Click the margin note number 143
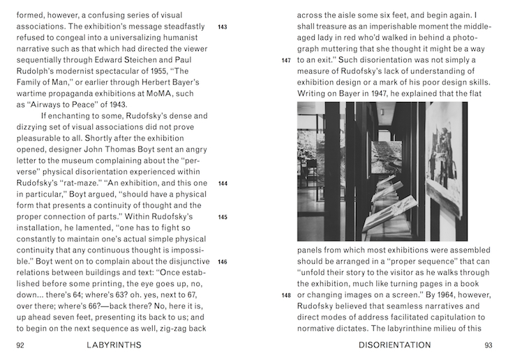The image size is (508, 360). tap(223, 27)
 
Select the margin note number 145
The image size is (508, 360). tap(223, 217)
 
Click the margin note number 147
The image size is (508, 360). tap(285, 61)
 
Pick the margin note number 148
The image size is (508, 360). tap(285, 295)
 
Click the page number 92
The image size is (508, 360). tap(20, 345)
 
